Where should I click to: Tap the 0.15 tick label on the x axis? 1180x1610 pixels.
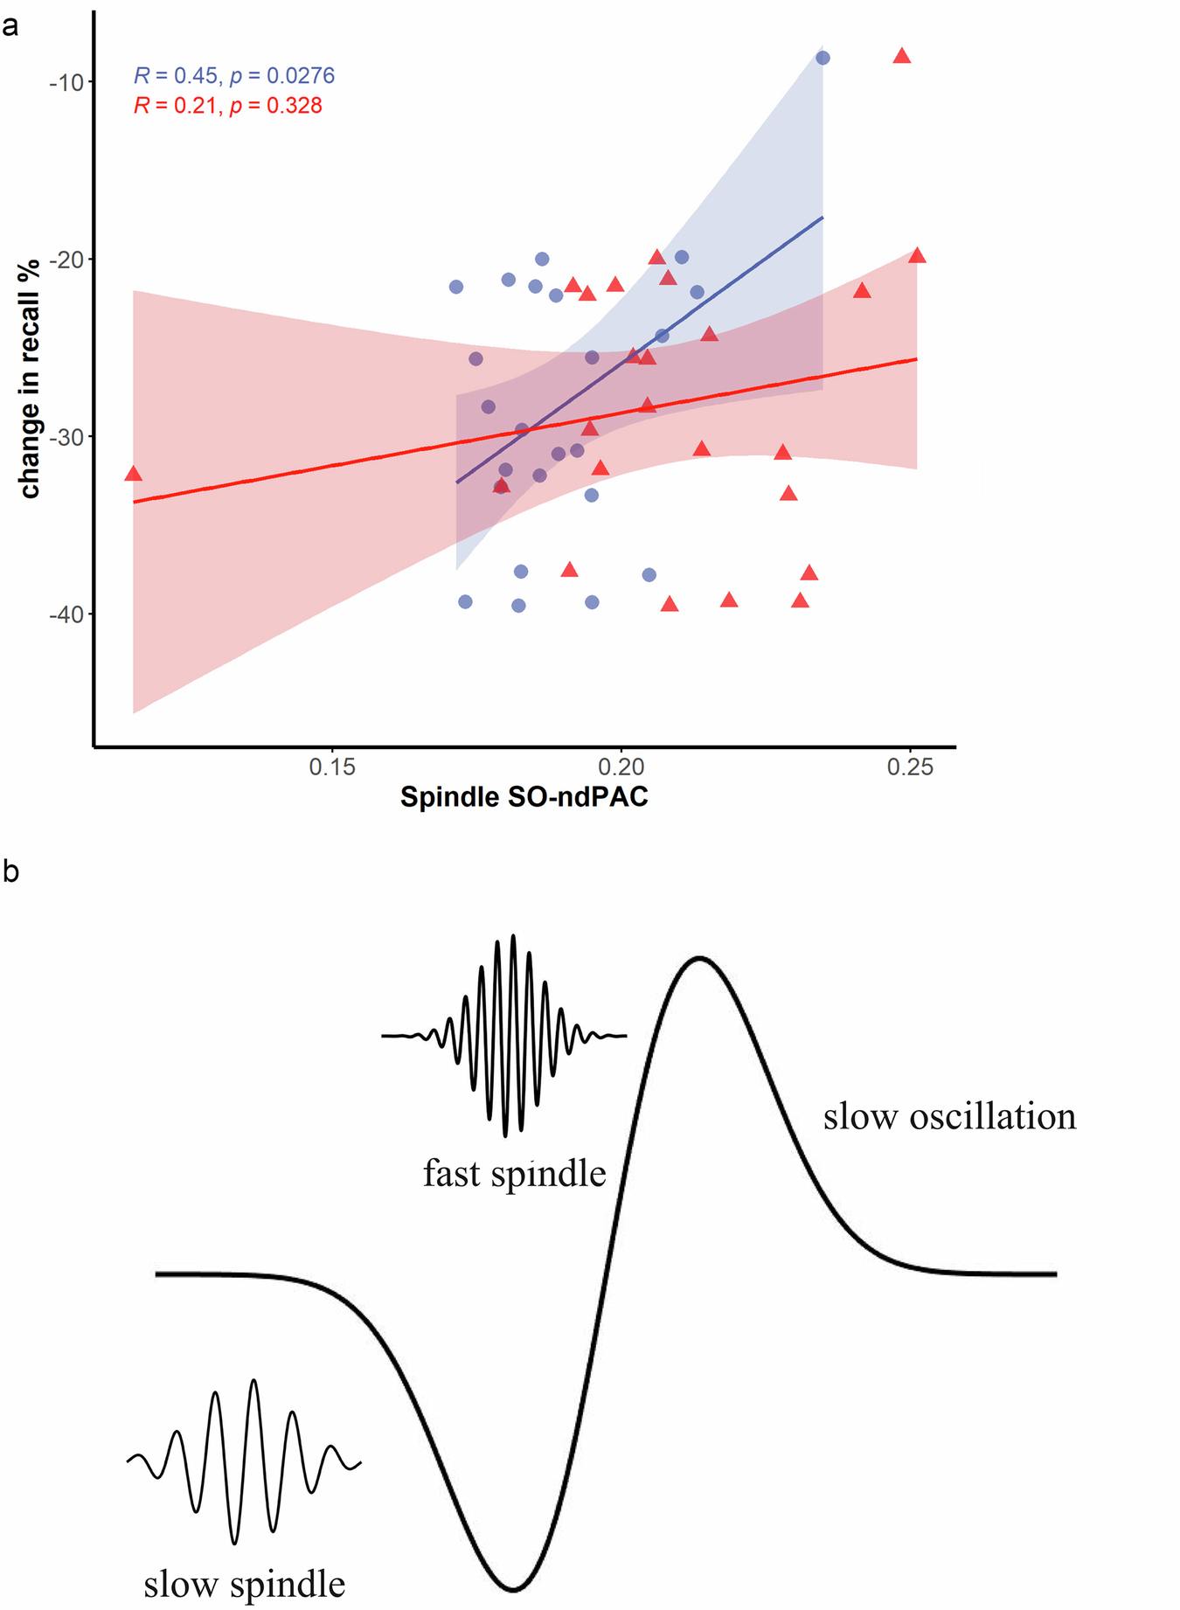pos(332,767)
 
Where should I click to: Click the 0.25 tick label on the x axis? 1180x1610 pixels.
pos(910,767)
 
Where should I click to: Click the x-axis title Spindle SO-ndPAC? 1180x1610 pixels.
pos(524,797)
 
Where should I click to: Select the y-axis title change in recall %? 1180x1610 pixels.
pos(30,378)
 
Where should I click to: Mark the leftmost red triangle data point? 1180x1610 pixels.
pos(133,474)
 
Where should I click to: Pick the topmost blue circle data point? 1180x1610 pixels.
pos(823,58)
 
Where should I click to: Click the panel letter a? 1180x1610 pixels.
pos(10,26)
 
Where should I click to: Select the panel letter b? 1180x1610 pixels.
pos(10,871)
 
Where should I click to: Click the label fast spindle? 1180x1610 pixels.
pos(514,1173)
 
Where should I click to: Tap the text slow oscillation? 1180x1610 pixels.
pos(949,1116)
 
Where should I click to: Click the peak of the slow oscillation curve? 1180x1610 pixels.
pos(699,958)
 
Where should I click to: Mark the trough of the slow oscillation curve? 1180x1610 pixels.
pos(514,1587)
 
